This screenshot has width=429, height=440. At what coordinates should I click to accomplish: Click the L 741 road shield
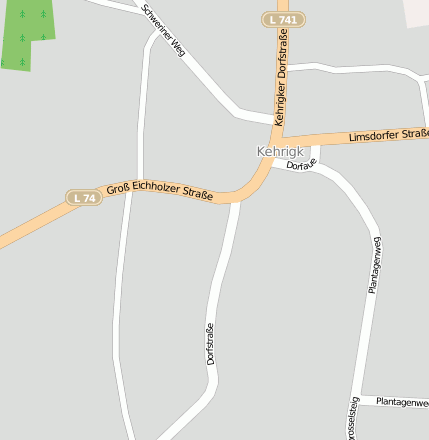point(284,20)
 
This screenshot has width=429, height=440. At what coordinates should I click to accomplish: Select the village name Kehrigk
point(279,152)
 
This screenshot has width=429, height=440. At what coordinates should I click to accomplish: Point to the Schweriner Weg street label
point(163,29)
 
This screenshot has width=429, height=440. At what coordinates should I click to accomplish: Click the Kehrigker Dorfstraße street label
point(281,75)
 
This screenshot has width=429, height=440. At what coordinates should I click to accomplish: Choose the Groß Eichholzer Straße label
point(159,190)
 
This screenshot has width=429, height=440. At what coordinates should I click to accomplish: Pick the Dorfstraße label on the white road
point(211,343)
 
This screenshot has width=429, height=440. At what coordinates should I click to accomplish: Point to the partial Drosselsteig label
point(351,420)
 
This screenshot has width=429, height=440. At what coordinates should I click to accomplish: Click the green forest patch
point(24,32)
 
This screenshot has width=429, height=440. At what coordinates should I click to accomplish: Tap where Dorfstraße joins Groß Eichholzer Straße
point(235,199)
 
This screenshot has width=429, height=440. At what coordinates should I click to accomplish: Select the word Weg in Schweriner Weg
point(178,46)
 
